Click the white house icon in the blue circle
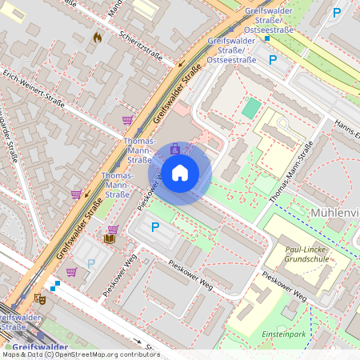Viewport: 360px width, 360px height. (180, 172)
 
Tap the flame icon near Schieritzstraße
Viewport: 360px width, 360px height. (98, 37)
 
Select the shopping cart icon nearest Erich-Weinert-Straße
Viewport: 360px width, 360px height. (127, 120)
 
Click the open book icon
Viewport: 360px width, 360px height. (109, 238)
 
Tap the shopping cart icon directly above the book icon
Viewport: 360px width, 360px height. (113, 230)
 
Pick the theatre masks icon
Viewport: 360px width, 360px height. (40, 299)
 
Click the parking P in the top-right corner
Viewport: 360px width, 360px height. (337, 13)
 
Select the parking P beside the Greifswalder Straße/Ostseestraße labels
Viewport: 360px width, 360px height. (273, 59)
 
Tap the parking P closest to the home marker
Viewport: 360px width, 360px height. (155, 227)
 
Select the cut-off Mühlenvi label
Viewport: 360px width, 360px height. (334, 214)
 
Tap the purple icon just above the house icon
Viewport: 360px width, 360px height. (175, 149)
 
